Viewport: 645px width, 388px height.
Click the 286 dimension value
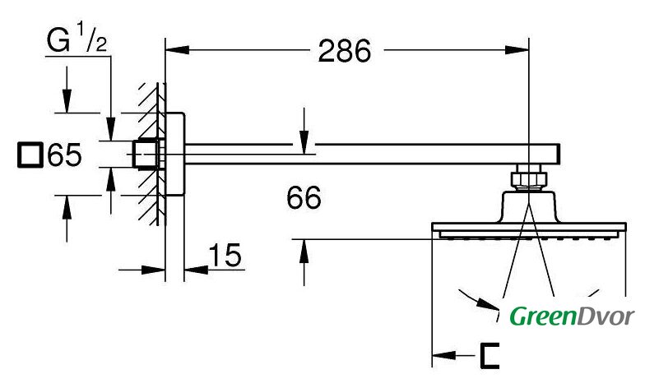(345, 51)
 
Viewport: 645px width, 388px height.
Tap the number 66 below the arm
(304, 197)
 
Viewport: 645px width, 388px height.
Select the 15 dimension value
(225, 255)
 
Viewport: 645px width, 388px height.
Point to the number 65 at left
(64, 155)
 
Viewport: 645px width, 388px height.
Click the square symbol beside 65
(30, 155)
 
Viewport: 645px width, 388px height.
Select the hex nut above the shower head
(528, 178)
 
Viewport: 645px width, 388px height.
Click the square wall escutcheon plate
(174, 154)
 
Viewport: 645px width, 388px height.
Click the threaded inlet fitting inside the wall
(146, 155)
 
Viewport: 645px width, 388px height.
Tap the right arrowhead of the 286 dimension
(517, 49)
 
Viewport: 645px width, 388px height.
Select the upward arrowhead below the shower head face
(304, 252)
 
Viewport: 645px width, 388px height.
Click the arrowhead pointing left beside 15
(196, 270)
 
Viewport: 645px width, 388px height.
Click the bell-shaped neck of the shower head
(528, 206)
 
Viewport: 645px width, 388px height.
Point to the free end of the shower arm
(559, 155)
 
